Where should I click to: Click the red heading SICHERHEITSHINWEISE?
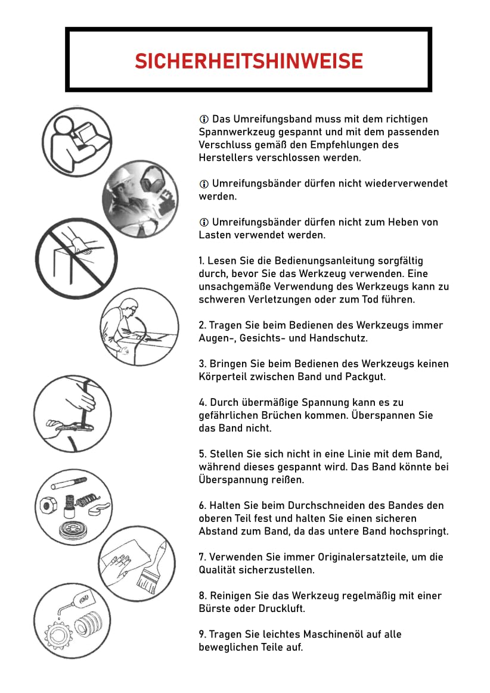click(x=249, y=61)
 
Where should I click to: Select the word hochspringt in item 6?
click(x=420, y=532)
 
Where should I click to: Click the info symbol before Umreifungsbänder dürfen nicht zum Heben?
click(x=204, y=222)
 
